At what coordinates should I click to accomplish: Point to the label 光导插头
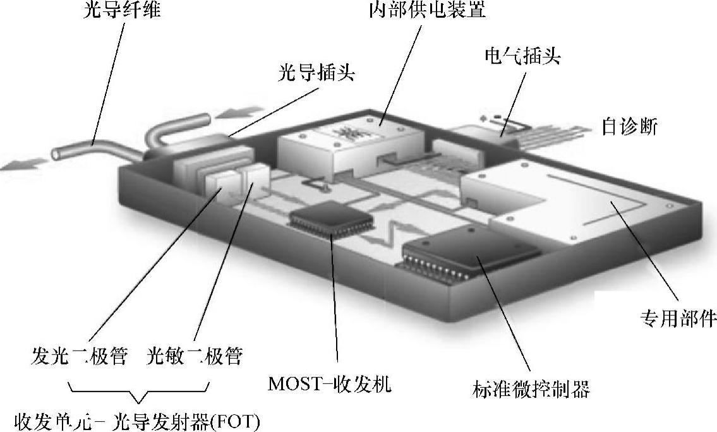(x=316, y=73)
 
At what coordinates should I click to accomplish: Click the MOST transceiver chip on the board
(x=331, y=222)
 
